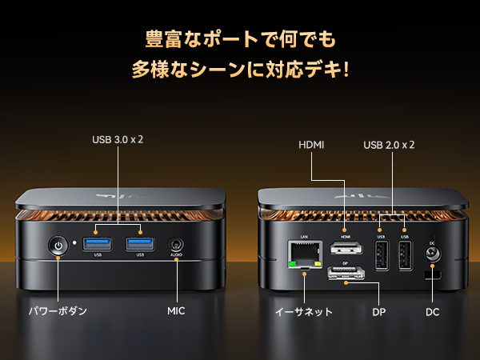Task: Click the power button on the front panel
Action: tap(58, 246)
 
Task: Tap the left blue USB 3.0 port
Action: tap(98, 243)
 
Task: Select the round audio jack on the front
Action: tap(176, 246)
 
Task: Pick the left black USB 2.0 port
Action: tap(381, 254)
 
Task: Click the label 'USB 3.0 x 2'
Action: tap(118, 139)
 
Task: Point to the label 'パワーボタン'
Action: tap(58, 310)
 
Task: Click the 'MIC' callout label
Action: tap(176, 310)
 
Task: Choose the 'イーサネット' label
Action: tap(303, 311)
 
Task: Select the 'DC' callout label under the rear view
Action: tap(433, 311)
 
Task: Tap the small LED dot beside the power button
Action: tap(74, 242)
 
